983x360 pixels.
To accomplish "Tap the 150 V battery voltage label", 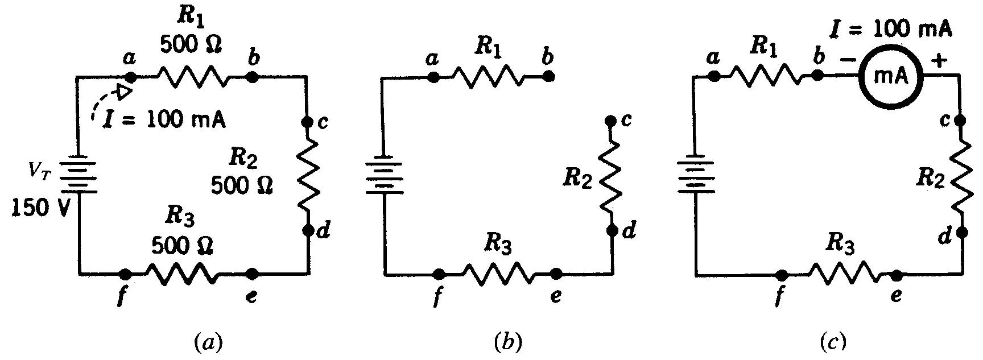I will [x=40, y=209].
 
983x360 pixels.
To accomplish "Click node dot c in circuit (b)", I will [x=611, y=121].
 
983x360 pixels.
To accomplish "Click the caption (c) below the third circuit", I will [x=833, y=342].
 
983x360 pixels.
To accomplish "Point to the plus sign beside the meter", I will [x=939, y=60].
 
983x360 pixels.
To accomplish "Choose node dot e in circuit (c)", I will [x=897, y=276].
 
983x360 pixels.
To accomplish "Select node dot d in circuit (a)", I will [x=308, y=230].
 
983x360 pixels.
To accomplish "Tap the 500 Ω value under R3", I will [x=182, y=246].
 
